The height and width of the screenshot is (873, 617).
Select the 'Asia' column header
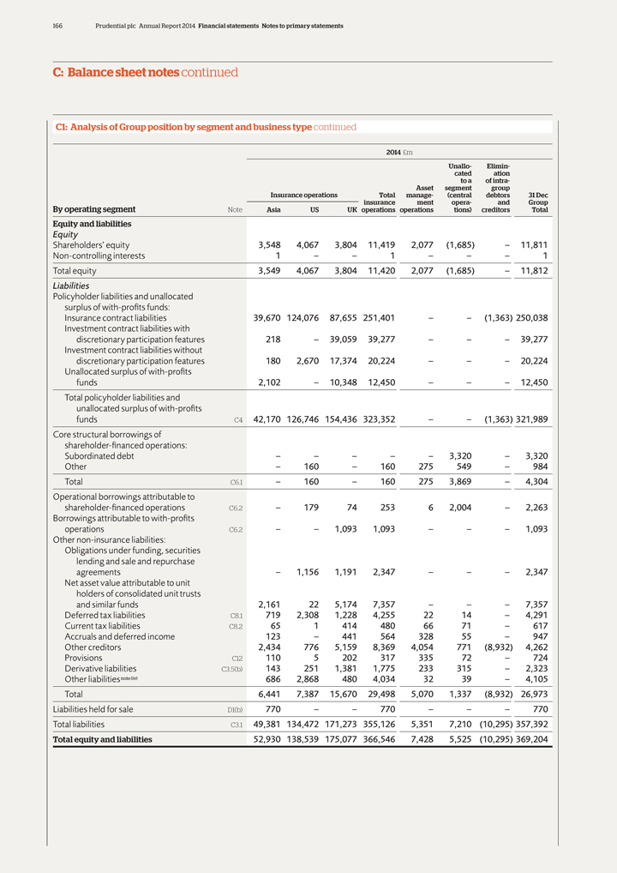click(274, 209)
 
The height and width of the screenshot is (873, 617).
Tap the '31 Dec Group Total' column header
click(538, 202)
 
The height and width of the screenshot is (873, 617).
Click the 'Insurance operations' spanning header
click(304, 196)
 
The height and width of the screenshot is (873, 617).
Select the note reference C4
click(238, 420)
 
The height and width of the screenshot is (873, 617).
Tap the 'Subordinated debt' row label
click(99, 456)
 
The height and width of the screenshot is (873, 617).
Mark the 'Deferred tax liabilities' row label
click(105, 615)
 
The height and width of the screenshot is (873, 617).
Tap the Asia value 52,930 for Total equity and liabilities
click(263, 739)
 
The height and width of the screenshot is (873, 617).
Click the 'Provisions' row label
click(83, 658)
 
